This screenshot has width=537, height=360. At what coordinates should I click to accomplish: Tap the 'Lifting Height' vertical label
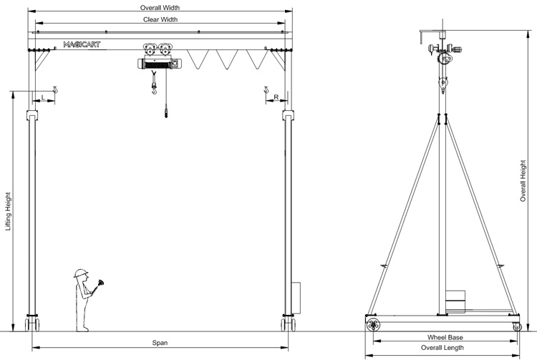[x=9, y=210]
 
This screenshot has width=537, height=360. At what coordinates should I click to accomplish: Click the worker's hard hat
[x=81, y=273]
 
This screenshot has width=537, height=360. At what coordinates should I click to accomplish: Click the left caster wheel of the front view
[x=32, y=324]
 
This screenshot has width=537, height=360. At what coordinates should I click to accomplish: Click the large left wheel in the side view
[x=373, y=325]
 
